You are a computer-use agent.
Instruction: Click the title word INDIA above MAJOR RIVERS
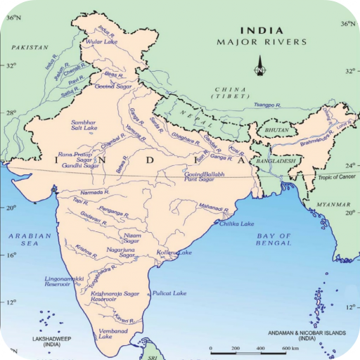pyautogui.click(x=262, y=30)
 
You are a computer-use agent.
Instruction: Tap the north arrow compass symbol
pyautogui.click(x=259, y=68)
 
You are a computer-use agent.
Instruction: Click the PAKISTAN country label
pyautogui.click(x=30, y=47)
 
